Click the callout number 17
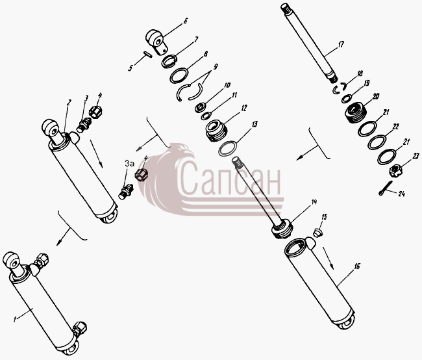tap(341, 44)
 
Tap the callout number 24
tap(401, 194)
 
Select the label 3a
tap(129, 164)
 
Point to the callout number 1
tap(15, 319)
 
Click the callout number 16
tap(357, 266)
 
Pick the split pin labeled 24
tap(386, 188)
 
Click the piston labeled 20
tap(354, 112)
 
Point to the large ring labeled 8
tap(179, 76)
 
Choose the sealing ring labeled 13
tap(228, 148)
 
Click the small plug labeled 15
tap(318, 233)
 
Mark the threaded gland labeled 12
tap(216, 131)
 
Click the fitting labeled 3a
tap(126, 191)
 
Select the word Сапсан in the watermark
tap(230, 178)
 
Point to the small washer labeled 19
tap(347, 99)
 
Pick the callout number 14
tap(314, 202)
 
